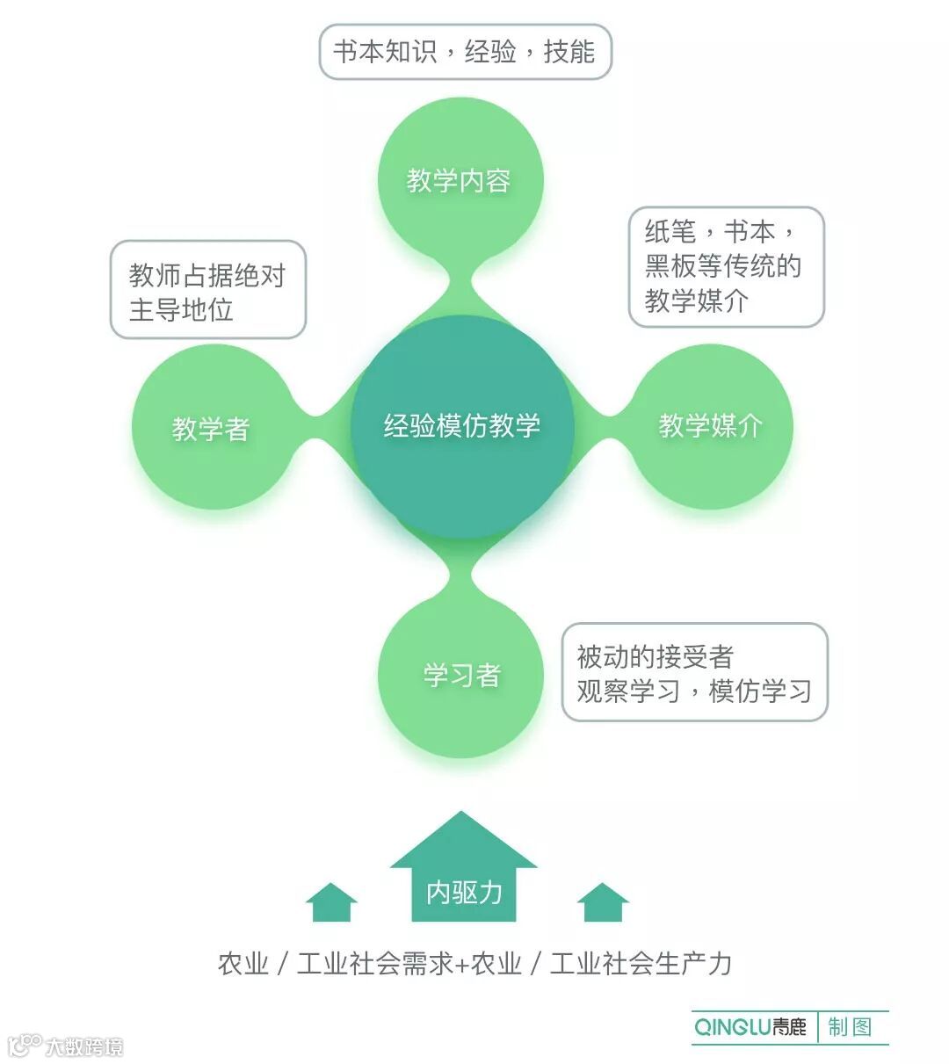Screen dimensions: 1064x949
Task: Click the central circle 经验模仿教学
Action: coord(462,426)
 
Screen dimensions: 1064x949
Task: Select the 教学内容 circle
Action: coord(460,180)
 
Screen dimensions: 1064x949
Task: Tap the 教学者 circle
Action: coord(211,429)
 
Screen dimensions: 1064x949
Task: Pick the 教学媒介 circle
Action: coord(711,426)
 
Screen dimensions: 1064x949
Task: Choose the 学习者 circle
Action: coord(461,675)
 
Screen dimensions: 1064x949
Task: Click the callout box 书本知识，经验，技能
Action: coord(465,52)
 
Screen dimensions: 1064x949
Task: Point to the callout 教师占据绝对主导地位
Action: coord(207,291)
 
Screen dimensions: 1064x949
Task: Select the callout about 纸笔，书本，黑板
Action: coord(726,266)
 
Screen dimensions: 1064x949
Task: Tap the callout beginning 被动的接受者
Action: coord(694,673)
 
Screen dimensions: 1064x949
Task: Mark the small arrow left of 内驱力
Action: coord(331,903)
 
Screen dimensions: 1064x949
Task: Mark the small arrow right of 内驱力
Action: coord(603,903)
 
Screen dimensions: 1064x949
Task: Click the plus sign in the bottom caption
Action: coord(462,964)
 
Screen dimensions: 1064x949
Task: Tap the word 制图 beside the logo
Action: coord(849,1026)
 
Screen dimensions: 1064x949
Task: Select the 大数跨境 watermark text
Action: coord(84,1046)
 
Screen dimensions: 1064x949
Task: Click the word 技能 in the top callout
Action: coord(569,52)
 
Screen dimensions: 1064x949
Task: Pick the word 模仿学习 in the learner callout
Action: coord(760,691)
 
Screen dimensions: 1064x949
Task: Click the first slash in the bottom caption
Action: coord(282,964)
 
